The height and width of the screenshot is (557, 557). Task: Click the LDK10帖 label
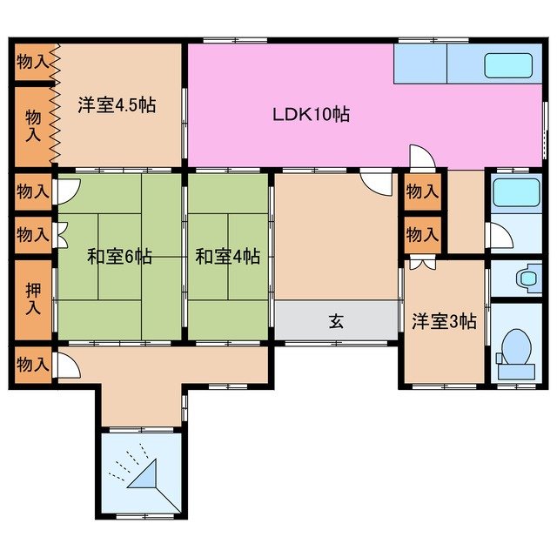[311, 113]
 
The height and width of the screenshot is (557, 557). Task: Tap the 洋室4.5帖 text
[116, 105]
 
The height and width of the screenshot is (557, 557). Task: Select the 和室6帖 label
[119, 257]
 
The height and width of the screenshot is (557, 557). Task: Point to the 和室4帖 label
[227, 257]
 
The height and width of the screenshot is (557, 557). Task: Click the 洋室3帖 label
[444, 321]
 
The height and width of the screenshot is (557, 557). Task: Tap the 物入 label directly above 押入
[33, 234]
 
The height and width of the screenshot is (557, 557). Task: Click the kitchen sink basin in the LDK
[507, 66]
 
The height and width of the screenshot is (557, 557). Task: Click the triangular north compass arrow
[144, 476]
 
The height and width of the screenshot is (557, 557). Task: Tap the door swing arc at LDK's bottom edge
[421, 158]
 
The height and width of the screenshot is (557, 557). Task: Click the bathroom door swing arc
[498, 235]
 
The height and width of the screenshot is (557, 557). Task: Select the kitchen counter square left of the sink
[419, 63]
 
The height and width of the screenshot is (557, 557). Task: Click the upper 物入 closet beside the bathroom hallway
[423, 191]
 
